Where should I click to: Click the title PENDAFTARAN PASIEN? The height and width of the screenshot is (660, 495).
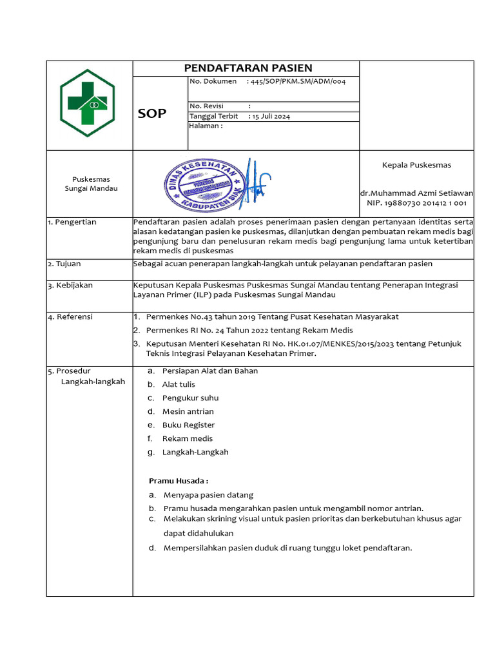click(248, 68)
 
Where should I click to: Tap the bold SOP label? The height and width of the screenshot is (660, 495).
click(151, 114)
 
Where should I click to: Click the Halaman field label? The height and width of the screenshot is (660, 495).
click(206, 126)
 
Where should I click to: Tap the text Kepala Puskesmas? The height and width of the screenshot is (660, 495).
click(416, 165)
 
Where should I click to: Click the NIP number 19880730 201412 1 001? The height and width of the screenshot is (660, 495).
click(416, 203)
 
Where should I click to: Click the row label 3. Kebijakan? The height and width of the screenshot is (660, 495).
click(70, 285)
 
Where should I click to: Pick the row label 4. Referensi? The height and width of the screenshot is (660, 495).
click(70, 317)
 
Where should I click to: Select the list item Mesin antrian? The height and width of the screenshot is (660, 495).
click(188, 412)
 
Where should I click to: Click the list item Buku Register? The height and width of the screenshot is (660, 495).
click(188, 425)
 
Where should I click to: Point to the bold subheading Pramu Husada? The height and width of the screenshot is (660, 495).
click(179, 481)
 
